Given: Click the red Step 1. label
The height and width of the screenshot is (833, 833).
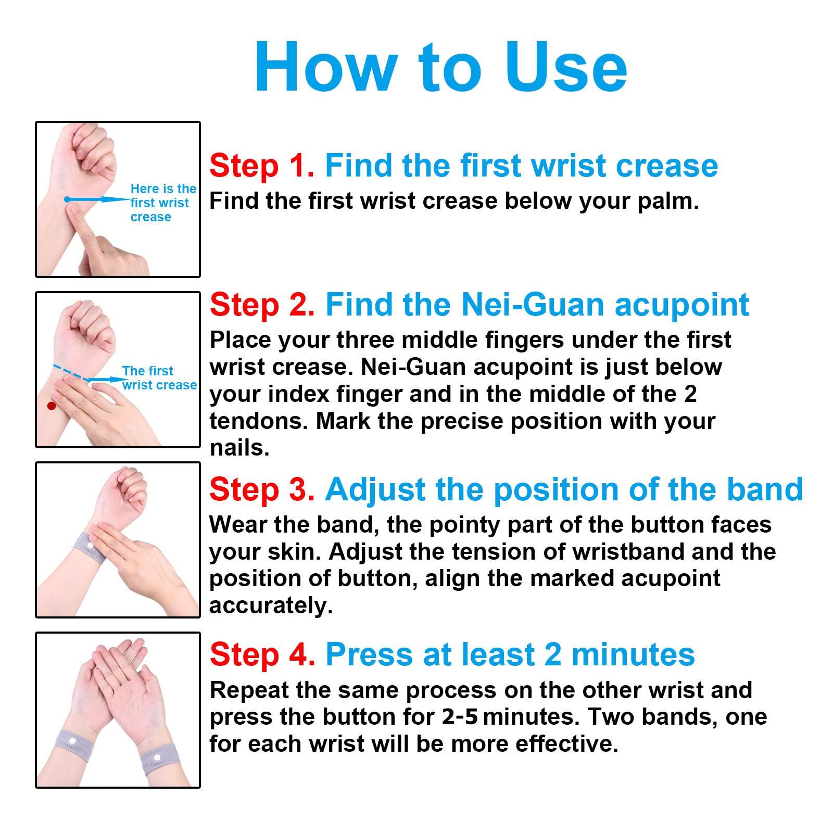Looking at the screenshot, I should coord(262,166).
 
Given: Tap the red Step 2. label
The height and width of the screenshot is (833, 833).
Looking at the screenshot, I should coord(262,305).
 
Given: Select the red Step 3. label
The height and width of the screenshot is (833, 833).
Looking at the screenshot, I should coord(262,490).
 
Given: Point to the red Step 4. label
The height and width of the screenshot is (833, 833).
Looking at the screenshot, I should coord(262,654).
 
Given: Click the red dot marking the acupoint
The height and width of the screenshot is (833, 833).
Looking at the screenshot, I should coord(51,406).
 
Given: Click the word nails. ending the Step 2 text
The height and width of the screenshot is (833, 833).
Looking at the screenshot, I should coord(239,448).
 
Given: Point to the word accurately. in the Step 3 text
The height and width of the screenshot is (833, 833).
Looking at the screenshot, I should coord(271,606).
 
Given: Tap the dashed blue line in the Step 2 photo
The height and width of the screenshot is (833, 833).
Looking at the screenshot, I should coord(70,373).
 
